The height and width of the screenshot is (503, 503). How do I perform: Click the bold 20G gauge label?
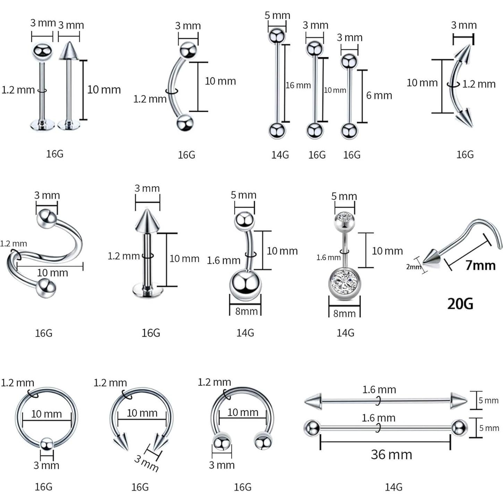[460, 303]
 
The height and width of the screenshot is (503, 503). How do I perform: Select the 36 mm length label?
[391, 454]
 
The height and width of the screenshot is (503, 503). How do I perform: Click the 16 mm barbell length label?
[298, 85]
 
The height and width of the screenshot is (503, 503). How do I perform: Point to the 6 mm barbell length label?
[379, 95]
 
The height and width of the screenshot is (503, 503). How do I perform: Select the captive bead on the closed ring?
[47, 444]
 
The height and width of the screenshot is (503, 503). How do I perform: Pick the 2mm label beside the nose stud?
[413, 267]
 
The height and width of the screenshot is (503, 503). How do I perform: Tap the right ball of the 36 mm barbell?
[459, 428]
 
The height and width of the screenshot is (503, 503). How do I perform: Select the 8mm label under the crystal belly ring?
[344, 313]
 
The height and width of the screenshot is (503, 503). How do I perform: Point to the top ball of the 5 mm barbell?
[277, 36]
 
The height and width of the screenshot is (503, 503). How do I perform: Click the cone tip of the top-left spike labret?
[69, 50]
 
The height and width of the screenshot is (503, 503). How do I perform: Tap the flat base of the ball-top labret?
[42, 124]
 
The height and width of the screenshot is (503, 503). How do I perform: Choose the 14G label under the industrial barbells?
[393, 487]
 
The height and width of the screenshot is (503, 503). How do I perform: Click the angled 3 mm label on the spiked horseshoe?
[146, 463]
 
